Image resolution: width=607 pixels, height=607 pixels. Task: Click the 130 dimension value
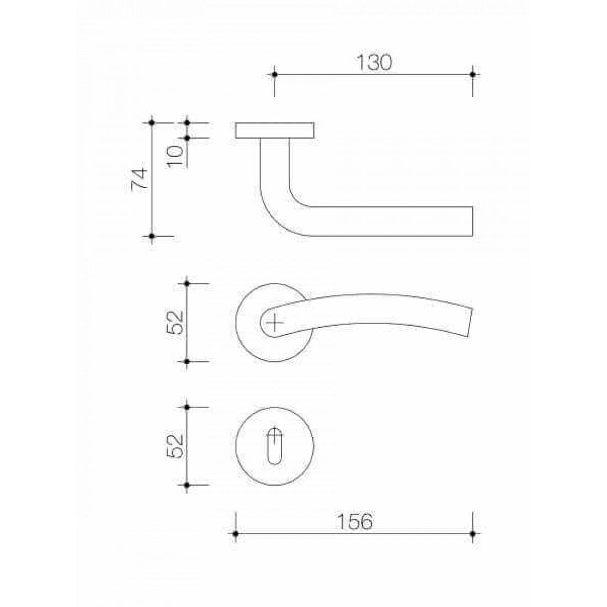(374, 62)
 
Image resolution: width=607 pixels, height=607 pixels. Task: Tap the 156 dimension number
(354, 521)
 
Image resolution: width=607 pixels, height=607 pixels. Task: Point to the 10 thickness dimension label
(175, 156)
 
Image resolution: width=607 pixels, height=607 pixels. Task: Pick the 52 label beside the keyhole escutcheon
(175, 446)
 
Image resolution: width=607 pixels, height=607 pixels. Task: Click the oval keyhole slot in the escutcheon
(274, 446)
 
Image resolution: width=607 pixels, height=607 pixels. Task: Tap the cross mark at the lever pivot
(274, 322)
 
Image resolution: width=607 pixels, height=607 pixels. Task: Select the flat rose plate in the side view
(274, 130)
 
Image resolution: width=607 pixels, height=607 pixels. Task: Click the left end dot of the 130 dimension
(274, 74)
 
